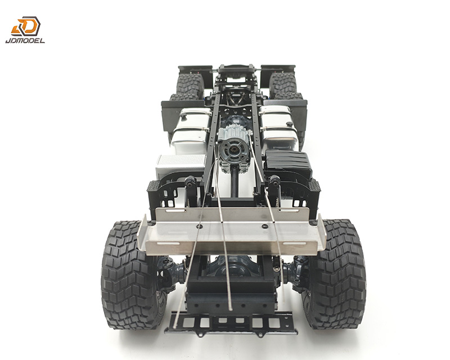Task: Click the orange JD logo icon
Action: (26, 26)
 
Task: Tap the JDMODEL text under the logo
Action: (25, 40)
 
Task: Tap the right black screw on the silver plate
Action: (265, 227)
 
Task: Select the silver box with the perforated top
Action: (180, 165)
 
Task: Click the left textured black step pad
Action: (154, 186)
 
